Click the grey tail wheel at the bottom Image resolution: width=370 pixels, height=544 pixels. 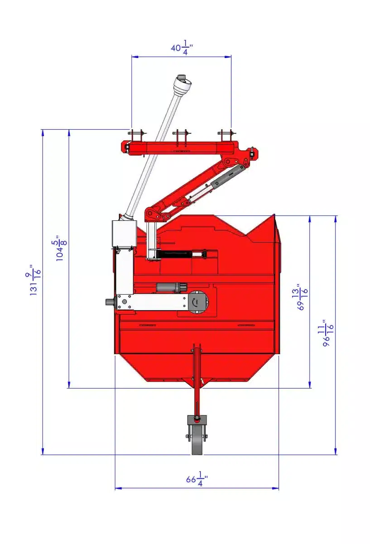197,440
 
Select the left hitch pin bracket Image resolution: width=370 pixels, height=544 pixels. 136,136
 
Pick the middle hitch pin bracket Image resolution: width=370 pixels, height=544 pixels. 181,136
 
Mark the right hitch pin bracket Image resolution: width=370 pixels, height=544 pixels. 226,136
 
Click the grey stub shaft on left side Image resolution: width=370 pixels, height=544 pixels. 110,302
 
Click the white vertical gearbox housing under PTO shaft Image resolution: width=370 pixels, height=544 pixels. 123,233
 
